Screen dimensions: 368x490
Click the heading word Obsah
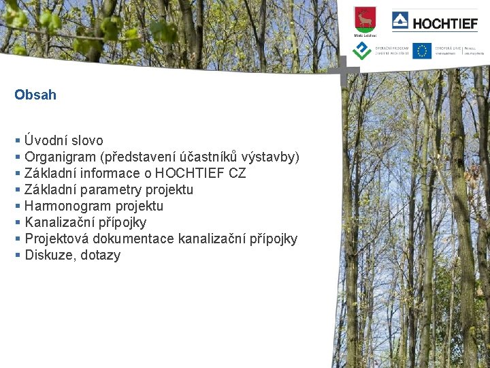[x=35, y=95]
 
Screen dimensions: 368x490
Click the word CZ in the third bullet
[x=238, y=174]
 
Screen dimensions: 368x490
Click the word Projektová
[x=56, y=239]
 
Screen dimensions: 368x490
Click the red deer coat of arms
[x=365, y=18]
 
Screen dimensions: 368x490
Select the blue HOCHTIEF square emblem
[x=400, y=21]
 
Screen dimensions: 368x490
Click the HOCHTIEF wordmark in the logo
[x=445, y=24]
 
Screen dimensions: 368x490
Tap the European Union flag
[x=421, y=50]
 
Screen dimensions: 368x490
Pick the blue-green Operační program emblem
[x=361, y=50]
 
